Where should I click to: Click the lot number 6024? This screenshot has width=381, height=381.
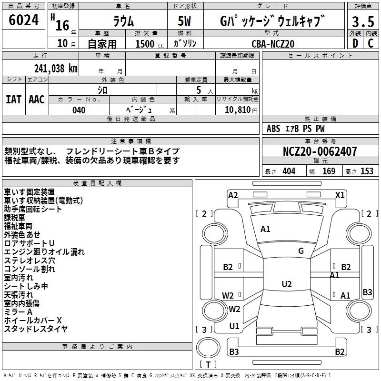(24, 21)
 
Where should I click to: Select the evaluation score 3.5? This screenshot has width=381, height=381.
(362, 22)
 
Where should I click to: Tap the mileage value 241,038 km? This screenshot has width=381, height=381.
(56, 69)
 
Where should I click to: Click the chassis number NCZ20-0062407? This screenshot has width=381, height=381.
(320, 151)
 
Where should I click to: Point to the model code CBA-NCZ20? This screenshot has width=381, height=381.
(273, 44)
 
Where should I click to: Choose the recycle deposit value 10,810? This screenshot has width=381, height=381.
(236, 110)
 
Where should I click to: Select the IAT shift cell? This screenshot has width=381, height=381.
(13, 100)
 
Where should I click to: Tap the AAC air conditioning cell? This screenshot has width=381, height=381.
(37, 100)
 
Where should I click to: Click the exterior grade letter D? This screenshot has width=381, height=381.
(355, 43)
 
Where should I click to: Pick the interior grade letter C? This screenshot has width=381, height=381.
(371, 43)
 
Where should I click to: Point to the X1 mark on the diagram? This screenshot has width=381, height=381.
(340, 195)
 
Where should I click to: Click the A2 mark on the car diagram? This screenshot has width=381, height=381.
(233, 195)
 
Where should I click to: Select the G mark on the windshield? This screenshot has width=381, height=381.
(301, 251)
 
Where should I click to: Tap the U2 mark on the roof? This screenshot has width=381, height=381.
(286, 284)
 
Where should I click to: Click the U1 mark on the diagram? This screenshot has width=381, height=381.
(234, 326)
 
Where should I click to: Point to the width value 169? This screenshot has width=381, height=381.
(329, 171)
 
